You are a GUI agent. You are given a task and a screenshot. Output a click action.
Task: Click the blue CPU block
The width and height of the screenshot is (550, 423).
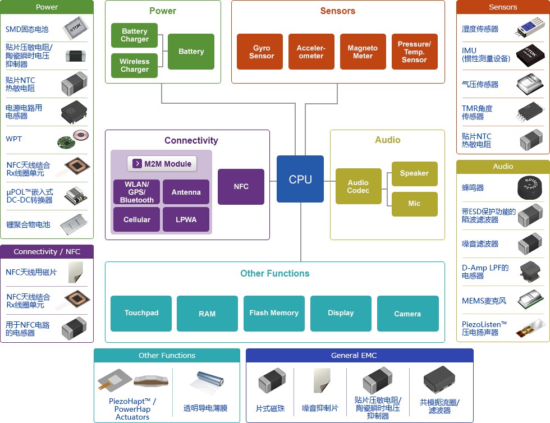300,179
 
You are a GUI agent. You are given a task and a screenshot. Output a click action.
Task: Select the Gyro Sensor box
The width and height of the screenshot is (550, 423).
259,52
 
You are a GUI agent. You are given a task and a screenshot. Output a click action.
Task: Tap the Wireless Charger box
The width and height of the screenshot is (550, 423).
134,65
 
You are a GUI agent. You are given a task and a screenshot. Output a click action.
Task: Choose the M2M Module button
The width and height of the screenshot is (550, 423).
162,164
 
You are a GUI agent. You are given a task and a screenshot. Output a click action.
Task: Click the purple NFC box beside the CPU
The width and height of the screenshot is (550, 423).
241,187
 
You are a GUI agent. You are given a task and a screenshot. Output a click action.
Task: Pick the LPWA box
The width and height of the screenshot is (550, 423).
186,219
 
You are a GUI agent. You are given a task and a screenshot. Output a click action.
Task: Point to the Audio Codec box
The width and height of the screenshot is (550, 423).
358,186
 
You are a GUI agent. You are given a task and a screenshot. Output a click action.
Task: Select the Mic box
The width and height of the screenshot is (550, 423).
414,204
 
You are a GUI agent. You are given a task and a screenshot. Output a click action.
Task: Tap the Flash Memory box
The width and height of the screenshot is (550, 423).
274,313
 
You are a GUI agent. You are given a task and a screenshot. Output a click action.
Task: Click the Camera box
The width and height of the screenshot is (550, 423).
407,313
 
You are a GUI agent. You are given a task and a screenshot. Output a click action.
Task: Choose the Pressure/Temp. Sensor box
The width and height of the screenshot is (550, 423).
414,52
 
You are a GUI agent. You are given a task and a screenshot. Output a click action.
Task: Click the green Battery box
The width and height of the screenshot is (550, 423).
191,52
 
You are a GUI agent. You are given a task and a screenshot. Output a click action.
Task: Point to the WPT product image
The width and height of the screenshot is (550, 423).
73,139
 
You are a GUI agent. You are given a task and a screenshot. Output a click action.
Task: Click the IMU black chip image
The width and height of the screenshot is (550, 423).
530,56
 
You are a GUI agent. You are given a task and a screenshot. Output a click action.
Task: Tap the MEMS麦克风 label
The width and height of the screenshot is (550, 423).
484,301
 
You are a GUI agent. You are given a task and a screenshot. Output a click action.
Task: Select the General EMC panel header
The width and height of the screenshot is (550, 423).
360,355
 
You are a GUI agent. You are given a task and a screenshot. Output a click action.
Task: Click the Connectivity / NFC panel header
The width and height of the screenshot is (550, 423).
47,251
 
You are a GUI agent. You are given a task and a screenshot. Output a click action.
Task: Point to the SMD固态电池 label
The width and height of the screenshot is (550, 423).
27,30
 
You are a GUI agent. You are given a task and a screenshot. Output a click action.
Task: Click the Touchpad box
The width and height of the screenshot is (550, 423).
141,313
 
